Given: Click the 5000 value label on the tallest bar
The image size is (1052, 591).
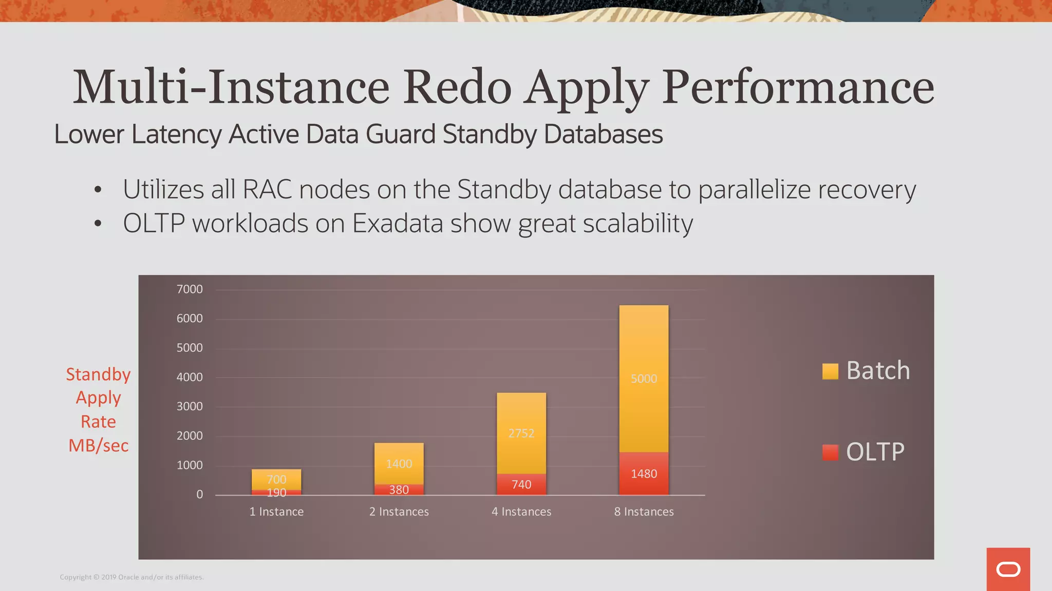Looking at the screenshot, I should [x=644, y=379].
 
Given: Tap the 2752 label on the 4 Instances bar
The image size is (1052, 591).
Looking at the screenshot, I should [x=521, y=434].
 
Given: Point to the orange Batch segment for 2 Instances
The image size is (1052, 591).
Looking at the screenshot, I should [x=399, y=451].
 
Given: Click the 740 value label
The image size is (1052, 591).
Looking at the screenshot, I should [x=521, y=485].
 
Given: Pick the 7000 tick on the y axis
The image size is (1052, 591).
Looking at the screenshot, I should [x=190, y=289].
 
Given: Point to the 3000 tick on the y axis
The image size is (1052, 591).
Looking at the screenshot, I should [x=190, y=406].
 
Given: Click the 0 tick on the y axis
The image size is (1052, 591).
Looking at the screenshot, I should [x=199, y=495].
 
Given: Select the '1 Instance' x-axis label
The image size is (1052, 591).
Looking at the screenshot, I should [x=276, y=511].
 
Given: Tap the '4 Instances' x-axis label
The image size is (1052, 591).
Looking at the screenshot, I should [x=521, y=511].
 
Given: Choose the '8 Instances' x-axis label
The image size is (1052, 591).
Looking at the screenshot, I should [x=644, y=511].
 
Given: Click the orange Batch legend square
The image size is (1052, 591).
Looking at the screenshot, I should [x=830, y=371].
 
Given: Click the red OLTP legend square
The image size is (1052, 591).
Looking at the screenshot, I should [x=830, y=452].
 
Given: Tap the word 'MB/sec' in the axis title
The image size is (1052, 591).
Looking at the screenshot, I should [x=99, y=445].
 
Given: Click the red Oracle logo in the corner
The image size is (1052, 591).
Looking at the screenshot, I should [x=1008, y=569].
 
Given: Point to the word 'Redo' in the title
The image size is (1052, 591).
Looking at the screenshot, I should [x=457, y=87].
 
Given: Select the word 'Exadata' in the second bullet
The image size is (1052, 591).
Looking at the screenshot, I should [x=398, y=224].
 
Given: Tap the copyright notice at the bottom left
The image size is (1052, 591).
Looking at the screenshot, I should [x=131, y=577].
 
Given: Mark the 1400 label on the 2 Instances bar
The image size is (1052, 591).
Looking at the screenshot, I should [x=399, y=464].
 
